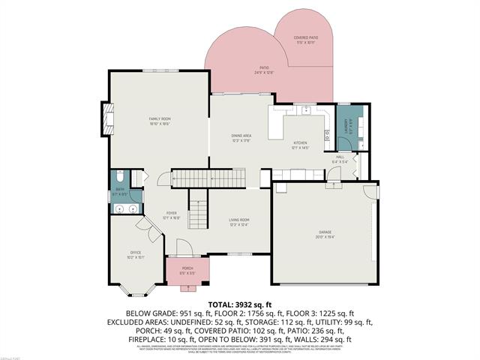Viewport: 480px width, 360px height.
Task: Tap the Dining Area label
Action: (x=241, y=136)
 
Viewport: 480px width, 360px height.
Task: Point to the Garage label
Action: (x=324, y=233)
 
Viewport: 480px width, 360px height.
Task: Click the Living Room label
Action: (x=238, y=220)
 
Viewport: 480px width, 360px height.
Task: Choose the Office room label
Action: (x=135, y=252)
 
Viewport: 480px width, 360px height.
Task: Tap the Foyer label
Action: (x=172, y=213)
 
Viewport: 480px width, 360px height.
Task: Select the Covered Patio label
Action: (x=305, y=37)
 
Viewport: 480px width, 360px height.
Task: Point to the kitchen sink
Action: (x=306, y=110)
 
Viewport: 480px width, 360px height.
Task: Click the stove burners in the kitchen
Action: (x=328, y=136)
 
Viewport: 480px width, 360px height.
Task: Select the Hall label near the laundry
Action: (x=340, y=157)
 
